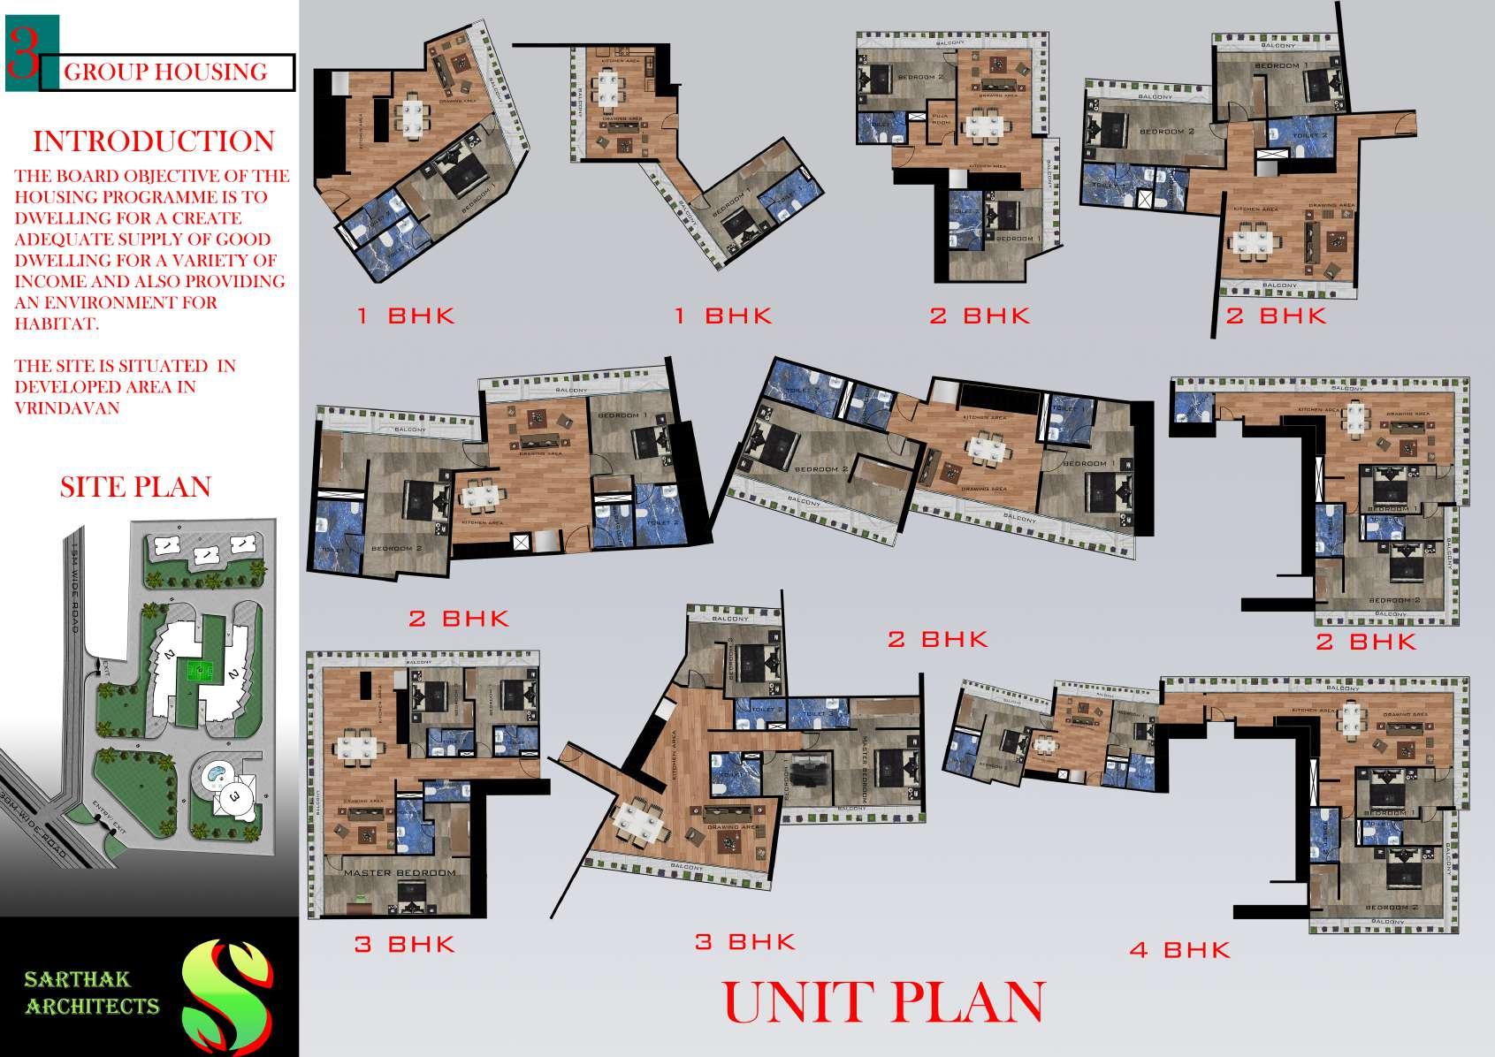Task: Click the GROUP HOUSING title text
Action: [x=165, y=72]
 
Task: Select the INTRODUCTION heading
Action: [x=153, y=141]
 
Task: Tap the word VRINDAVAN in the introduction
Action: [x=66, y=408]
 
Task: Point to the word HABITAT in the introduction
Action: [x=55, y=323]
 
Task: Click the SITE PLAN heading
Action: [x=135, y=487]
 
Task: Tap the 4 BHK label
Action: [x=1179, y=950]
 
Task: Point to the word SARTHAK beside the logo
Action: [x=78, y=978]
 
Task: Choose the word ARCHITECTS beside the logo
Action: [x=92, y=1006]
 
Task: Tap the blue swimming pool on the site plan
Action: [x=215, y=775]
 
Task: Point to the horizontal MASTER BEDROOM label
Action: [x=399, y=873]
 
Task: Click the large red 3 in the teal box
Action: [x=23, y=54]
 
